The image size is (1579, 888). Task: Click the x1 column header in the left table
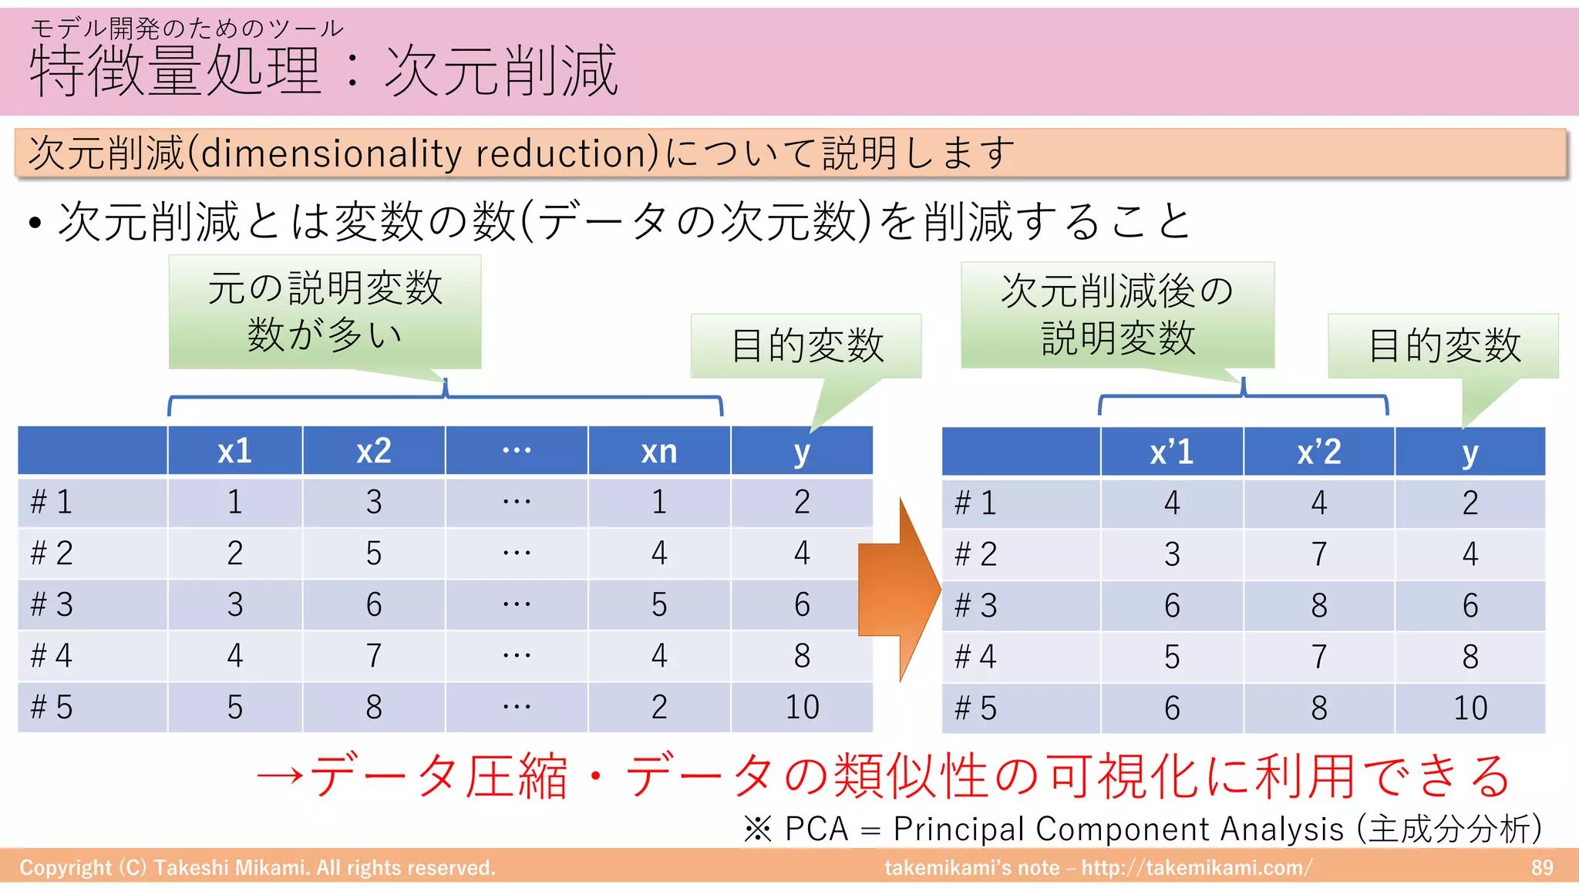(x=234, y=451)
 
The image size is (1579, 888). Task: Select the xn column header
(x=658, y=451)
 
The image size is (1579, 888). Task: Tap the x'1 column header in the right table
(x=1171, y=452)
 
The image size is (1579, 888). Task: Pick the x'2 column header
(x=1318, y=452)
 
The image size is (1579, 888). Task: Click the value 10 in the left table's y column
(x=802, y=707)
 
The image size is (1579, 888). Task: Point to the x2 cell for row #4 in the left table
(x=374, y=656)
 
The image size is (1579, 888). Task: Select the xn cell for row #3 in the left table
(x=658, y=604)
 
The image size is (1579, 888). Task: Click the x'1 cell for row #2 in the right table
(x=1171, y=554)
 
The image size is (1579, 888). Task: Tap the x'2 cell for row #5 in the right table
(x=1318, y=708)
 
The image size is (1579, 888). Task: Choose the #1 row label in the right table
(x=976, y=503)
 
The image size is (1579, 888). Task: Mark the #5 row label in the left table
(x=52, y=707)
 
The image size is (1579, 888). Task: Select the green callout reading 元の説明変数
(x=325, y=311)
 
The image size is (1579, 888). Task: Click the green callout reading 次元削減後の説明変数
(x=1117, y=314)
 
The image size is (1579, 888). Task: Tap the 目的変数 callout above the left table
(x=806, y=345)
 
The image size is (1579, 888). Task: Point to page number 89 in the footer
(x=1541, y=868)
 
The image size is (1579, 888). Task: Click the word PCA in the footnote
(x=816, y=829)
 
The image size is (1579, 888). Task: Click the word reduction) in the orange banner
(x=567, y=153)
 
